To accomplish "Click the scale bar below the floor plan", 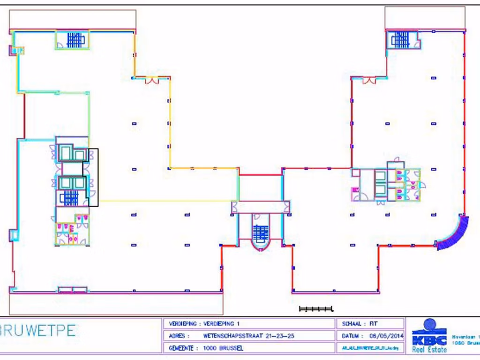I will tap(315, 308).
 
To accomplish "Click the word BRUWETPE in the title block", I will tap(37, 330).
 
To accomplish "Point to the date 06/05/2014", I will tap(386, 336).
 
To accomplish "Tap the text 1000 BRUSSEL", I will tap(224, 348).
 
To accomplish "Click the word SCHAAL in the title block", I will tap(351, 323).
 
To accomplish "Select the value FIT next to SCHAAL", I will tap(373, 323).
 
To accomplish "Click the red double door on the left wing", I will tap(151, 81).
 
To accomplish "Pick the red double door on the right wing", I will tap(369, 81).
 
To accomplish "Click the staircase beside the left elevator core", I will tap(71, 198).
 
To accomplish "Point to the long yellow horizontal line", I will tap(169, 201).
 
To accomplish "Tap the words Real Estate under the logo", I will tap(429, 349).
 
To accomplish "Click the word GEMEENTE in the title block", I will tap(181, 348).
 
